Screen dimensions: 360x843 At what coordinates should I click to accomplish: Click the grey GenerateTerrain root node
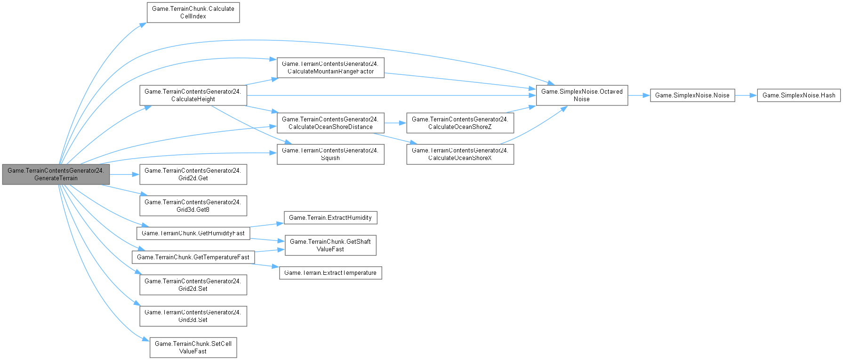click(x=56, y=174)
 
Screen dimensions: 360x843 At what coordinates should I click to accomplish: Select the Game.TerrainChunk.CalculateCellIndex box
click(x=193, y=12)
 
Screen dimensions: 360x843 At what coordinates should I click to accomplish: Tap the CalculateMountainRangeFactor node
click(x=330, y=67)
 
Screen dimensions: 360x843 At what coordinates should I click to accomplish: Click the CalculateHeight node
click(x=193, y=96)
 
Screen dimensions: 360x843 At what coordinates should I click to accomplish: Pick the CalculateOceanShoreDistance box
click(x=330, y=123)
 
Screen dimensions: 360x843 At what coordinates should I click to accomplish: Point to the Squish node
click(x=330, y=154)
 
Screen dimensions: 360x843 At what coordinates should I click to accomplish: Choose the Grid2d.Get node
click(x=193, y=174)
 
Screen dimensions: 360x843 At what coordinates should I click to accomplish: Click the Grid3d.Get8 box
click(x=193, y=206)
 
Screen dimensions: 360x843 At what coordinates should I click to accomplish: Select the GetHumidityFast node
click(x=193, y=233)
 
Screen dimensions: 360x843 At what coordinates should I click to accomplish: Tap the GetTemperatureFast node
click(x=193, y=257)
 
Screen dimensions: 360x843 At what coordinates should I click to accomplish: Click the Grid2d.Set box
click(x=193, y=285)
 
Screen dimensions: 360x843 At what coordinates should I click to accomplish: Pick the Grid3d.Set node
click(x=193, y=316)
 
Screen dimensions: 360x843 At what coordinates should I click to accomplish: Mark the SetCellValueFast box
click(x=193, y=347)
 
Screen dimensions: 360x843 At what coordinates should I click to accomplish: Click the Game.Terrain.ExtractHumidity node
click(x=330, y=217)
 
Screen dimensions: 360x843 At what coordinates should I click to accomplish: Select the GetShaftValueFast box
click(x=330, y=245)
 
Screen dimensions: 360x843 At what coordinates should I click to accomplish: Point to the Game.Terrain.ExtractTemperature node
click(x=330, y=273)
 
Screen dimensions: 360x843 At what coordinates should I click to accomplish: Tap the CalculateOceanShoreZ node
click(x=460, y=123)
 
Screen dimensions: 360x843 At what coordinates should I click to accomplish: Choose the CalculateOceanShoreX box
click(x=460, y=154)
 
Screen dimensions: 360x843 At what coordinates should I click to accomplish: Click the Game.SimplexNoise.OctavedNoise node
click(x=582, y=96)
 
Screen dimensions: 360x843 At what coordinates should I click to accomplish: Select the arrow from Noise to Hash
click(x=746, y=96)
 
